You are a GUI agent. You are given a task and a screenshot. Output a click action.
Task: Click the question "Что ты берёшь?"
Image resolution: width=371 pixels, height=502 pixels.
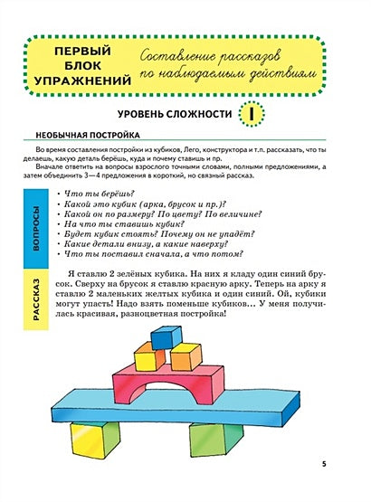tap(95, 194)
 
